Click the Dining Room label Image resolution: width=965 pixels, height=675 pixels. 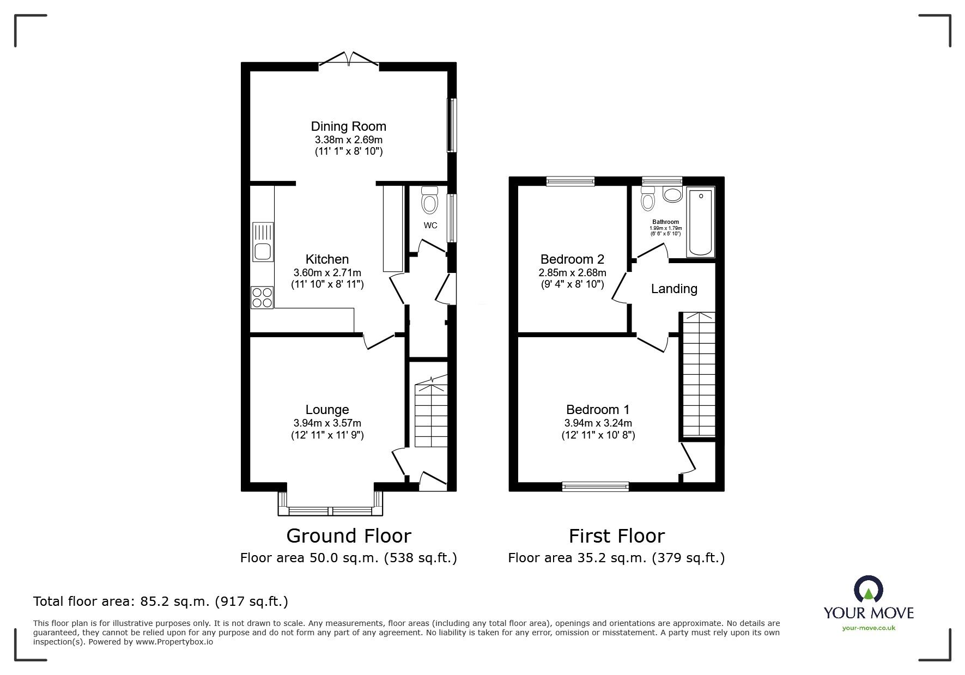point(348,126)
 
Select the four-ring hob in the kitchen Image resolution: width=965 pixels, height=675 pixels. point(262,297)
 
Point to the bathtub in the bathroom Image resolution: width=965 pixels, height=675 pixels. point(701,222)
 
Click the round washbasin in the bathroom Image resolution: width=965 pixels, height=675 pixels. point(672,195)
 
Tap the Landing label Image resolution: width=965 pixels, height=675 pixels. point(674,289)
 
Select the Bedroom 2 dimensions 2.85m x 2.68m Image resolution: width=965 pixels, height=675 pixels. point(572,273)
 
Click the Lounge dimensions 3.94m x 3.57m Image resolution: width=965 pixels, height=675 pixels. point(327,423)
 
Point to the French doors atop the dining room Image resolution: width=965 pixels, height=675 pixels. point(349,59)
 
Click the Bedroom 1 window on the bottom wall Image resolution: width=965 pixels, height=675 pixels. point(595,487)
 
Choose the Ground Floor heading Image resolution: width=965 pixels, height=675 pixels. point(349,536)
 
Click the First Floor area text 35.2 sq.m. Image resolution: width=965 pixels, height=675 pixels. point(616,558)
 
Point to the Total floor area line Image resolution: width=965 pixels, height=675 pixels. point(161,601)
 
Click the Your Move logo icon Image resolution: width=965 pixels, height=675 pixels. point(868,589)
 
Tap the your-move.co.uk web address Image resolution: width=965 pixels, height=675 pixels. point(869,628)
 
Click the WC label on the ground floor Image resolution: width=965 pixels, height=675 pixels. point(430,226)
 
